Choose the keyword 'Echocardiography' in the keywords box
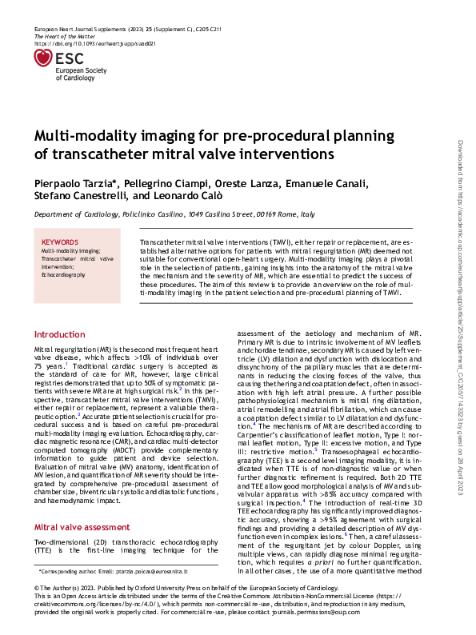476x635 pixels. [x=63, y=274]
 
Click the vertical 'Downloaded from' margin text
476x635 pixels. [x=462, y=160]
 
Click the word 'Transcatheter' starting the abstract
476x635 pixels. [x=163, y=241]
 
